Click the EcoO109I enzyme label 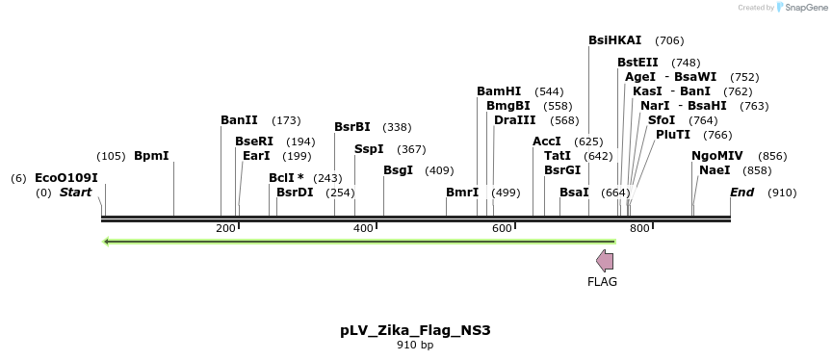click(66, 178)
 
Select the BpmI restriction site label click(151, 156)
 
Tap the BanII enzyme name click(239, 120)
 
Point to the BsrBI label click(352, 127)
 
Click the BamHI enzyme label click(499, 91)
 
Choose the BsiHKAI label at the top click(615, 40)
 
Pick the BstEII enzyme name click(638, 63)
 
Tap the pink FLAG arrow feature click(605, 260)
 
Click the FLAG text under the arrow click(602, 282)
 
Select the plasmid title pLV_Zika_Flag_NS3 click(415, 330)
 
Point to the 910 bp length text click(415, 345)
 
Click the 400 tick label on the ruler click(364, 228)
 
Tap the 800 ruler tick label click(639, 228)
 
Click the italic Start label click(75, 193)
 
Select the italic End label click(741, 193)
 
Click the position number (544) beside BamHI click(549, 91)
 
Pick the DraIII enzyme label click(515, 120)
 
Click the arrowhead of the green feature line click(107, 241)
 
